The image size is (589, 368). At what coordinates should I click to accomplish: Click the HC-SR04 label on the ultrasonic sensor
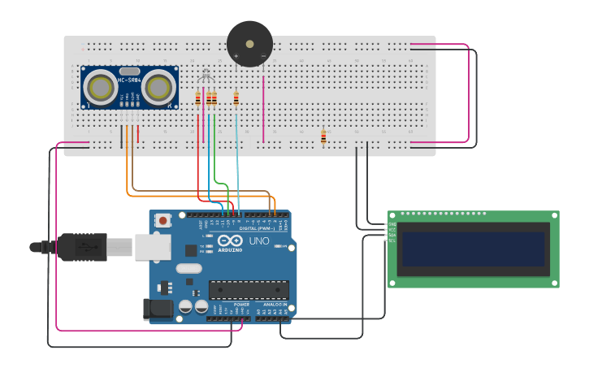[130, 79]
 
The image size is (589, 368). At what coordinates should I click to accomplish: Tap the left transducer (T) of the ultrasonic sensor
[101, 87]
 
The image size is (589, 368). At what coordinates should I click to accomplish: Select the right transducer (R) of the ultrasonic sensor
[160, 86]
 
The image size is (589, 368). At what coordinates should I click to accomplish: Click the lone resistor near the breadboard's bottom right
[323, 136]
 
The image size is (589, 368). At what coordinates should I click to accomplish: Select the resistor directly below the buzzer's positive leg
[236, 99]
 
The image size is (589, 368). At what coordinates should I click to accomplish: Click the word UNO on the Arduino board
[258, 241]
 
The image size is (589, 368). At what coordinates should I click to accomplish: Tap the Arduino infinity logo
[230, 240]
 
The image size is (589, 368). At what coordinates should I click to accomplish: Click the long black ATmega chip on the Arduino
[249, 289]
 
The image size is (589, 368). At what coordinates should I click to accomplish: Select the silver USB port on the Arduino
[152, 247]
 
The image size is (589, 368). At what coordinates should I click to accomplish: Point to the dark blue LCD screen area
[472, 249]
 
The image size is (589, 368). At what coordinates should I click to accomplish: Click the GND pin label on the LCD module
[392, 224]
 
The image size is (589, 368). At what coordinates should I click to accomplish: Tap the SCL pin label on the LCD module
[392, 240]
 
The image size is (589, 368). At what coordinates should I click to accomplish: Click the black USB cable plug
[81, 247]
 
